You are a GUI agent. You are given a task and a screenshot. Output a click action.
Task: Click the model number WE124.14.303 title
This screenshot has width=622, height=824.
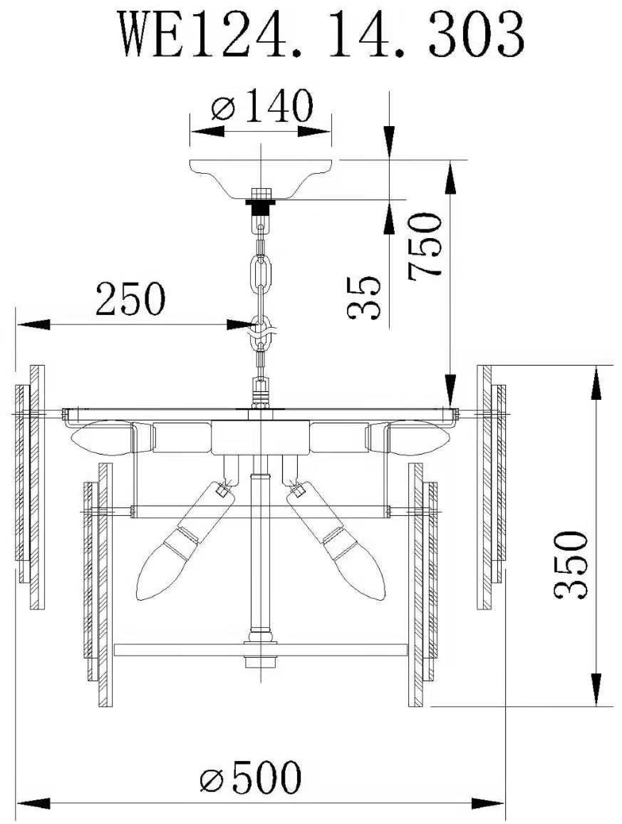click(323, 34)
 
